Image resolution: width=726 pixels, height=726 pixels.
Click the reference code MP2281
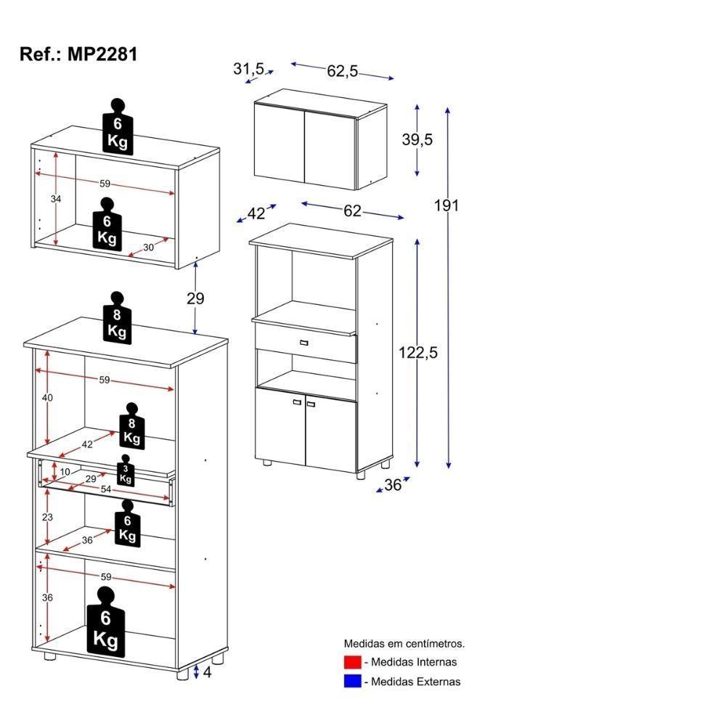(78, 54)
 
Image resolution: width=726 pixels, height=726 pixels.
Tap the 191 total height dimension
(446, 205)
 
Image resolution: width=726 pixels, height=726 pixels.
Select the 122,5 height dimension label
(418, 353)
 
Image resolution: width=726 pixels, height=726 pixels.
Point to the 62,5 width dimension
(343, 70)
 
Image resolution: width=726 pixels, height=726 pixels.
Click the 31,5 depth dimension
(248, 68)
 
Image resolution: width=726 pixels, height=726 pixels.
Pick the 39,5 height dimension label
(417, 140)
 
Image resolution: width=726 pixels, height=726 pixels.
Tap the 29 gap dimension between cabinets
(195, 298)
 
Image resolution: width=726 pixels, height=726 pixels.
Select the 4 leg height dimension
(207, 672)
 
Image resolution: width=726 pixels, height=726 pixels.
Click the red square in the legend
(352, 662)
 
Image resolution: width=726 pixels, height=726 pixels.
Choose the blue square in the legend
(352, 681)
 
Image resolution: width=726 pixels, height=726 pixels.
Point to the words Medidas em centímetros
(404, 643)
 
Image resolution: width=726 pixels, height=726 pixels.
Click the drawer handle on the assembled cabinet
(303, 341)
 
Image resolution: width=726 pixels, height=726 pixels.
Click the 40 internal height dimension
(47, 398)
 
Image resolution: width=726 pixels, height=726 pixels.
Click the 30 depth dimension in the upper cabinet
(148, 247)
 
